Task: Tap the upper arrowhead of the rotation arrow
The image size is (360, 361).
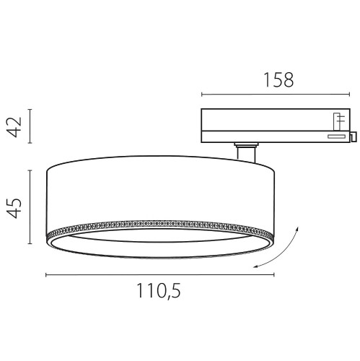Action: point(295,229)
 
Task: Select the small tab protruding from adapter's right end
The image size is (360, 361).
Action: point(352,135)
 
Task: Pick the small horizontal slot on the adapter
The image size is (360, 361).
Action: point(335,135)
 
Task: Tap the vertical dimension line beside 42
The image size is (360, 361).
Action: point(30,127)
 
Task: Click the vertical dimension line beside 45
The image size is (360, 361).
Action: point(30,207)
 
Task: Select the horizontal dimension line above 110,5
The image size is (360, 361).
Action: point(159,274)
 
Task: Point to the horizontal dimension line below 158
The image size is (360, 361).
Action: point(278,95)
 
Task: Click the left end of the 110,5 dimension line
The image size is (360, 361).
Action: point(45,274)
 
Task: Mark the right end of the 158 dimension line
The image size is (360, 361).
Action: point(352,95)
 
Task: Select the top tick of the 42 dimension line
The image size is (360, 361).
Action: point(30,110)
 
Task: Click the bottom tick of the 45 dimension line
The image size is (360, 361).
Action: point(30,244)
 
